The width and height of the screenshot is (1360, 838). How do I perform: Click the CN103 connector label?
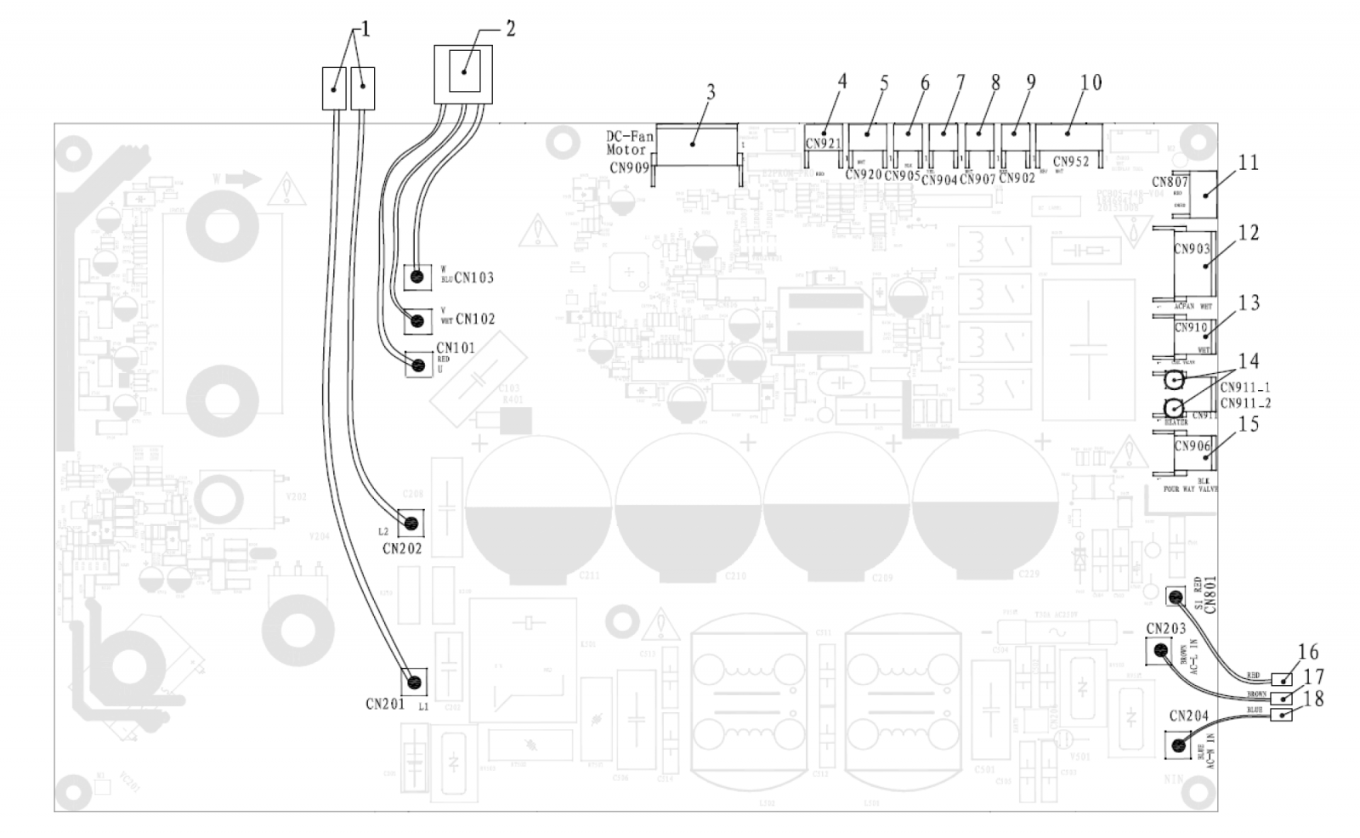tap(474, 278)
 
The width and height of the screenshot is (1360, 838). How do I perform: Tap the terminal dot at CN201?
tap(415, 681)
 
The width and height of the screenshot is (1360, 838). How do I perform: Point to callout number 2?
tap(510, 28)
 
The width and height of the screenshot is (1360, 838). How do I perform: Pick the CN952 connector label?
tap(1071, 161)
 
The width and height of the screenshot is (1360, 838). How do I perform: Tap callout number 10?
tap(1091, 82)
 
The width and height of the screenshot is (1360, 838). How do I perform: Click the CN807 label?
tap(1170, 181)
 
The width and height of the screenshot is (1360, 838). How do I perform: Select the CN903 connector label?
tap(1192, 249)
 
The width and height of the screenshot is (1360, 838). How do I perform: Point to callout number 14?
tap(1248, 361)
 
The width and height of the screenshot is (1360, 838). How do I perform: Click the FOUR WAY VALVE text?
tap(1192, 490)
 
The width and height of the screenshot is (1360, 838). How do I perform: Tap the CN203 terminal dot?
tap(1159, 650)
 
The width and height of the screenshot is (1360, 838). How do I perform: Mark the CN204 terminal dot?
tap(1178, 745)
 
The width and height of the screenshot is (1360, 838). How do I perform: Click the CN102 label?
tap(475, 320)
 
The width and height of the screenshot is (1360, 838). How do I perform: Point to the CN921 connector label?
tap(823, 144)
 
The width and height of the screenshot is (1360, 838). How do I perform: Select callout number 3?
tap(711, 92)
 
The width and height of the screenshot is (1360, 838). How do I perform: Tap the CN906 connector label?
tap(1192, 446)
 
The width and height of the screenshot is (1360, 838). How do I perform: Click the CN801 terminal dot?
tap(1176, 597)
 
